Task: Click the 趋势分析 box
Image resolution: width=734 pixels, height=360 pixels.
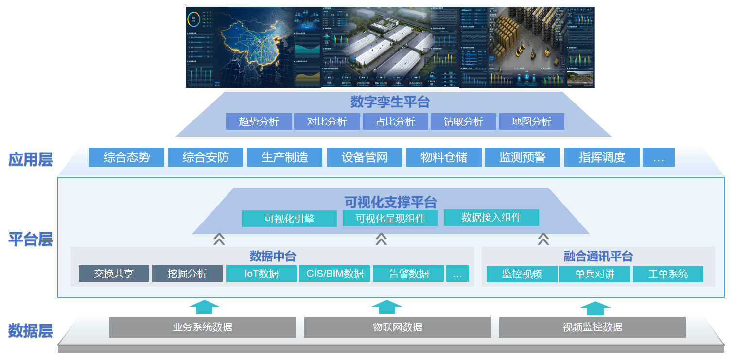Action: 259,121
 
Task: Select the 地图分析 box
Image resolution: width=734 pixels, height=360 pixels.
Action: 531,121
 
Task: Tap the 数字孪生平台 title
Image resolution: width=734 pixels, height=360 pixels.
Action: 390,103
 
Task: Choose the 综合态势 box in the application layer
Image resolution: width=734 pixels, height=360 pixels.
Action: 126,157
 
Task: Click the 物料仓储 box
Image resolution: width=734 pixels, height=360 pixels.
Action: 444,157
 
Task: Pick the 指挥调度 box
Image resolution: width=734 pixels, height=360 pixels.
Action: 602,157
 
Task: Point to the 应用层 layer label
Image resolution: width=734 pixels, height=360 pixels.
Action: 30,159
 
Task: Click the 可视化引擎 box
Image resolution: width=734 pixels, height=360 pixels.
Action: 289,219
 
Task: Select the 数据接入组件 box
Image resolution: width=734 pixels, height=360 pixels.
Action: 491,218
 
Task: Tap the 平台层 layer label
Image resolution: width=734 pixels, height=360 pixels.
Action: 30,239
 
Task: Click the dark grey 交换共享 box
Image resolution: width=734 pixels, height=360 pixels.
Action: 114,274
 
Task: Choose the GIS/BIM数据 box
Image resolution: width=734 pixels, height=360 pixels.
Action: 335,274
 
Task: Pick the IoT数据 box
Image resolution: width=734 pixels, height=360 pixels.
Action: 262,274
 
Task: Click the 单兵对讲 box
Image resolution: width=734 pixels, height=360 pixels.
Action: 594,274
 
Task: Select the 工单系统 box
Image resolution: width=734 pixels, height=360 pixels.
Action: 668,274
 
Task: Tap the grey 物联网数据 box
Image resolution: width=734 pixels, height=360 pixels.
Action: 397,327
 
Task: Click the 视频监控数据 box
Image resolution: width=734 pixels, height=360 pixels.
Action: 592,327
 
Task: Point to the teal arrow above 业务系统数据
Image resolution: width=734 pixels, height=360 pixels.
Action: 204,307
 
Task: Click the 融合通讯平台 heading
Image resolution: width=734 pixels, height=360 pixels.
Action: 598,256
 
